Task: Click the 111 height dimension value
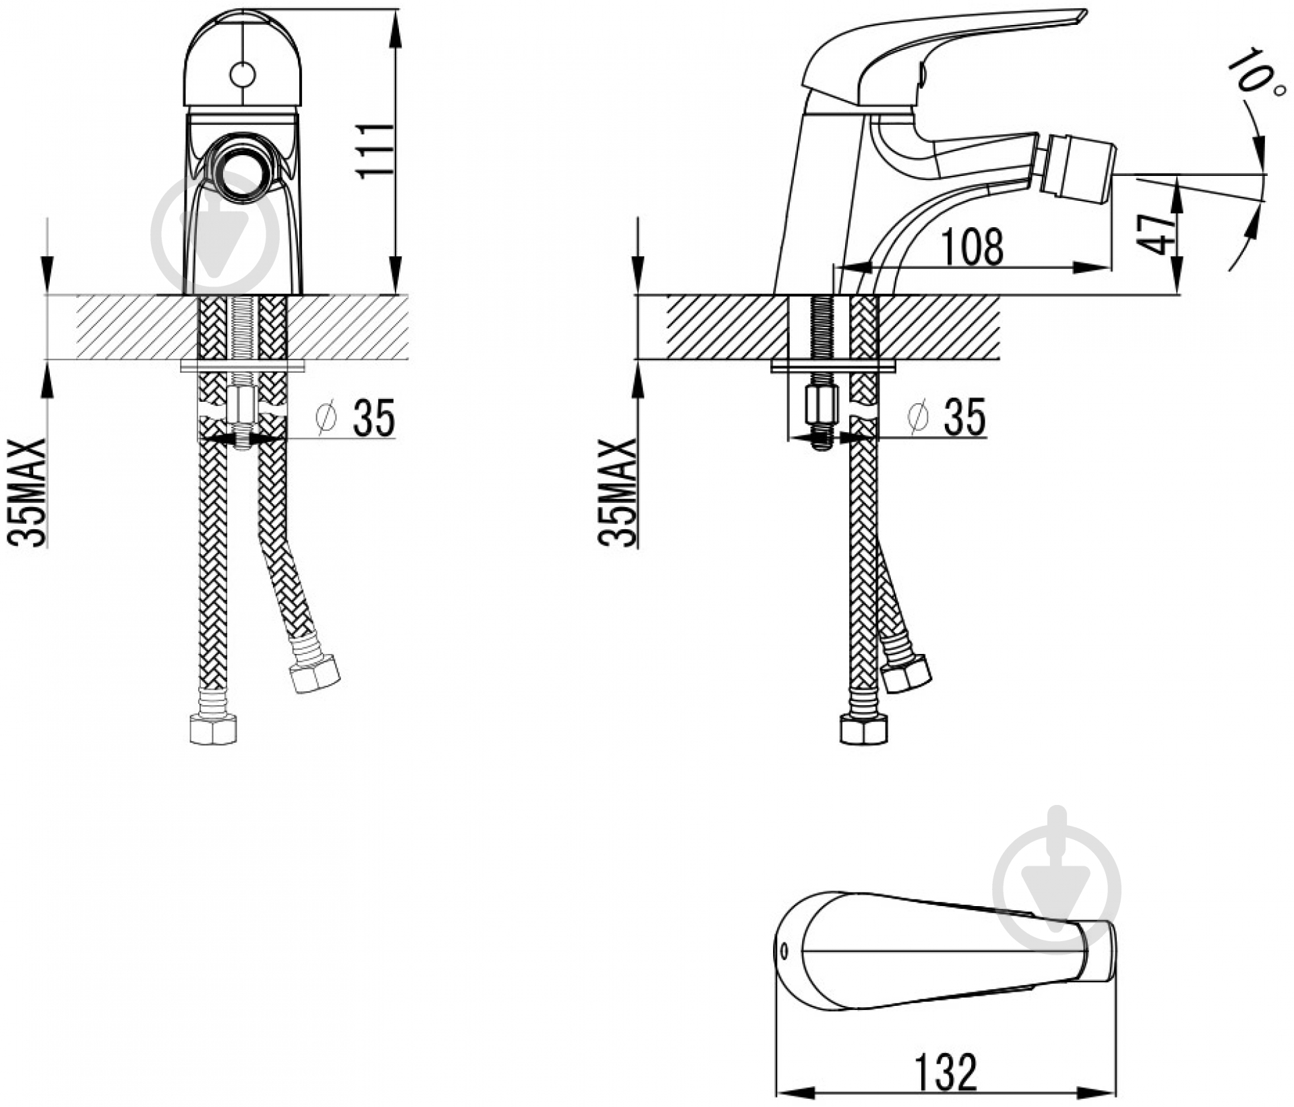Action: (x=376, y=150)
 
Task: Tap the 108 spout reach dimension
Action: (x=972, y=247)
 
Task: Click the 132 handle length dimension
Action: (x=946, y=1071)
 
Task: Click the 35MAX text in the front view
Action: (x=27, y=492)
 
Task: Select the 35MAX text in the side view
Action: (x=617, y=492)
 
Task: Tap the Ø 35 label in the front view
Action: (x=356, y=417)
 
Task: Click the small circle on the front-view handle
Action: (x=243, y=75)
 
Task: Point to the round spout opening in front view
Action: (x=243, y=172)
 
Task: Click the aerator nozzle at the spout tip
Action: (x=1076, y=169)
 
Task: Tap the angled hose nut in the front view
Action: (x=313, y=673)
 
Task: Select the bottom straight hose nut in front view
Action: (x=213, y=729)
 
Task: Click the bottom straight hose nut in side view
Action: (x=864, y=729)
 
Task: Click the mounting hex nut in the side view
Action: (x=822, y=405)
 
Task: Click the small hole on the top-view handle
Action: (x=783, y=951)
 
